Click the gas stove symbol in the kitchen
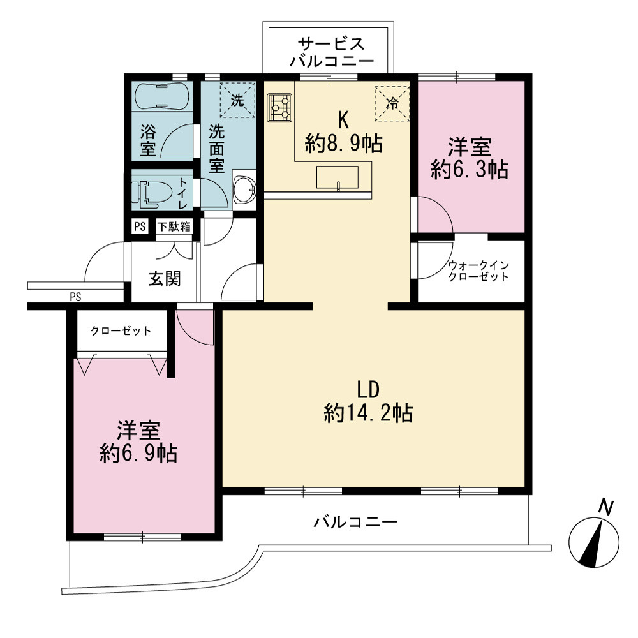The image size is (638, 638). (279, 107)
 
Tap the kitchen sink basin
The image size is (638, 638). (338, 177)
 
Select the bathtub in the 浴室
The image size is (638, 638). (161, 96)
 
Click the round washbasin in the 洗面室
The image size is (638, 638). (244, 189)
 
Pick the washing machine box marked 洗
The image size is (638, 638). (237, 100)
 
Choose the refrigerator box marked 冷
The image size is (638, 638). (392, 103)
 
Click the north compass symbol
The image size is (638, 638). (594, 542)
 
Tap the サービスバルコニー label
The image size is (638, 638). (331, 52)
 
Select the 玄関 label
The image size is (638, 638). (165, 279)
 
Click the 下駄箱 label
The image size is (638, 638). (174, 226)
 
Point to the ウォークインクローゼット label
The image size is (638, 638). (478, 271)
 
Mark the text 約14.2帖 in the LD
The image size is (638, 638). (369, 413)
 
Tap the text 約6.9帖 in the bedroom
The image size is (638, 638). (138, 453)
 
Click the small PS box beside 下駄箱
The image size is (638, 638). (140, 226)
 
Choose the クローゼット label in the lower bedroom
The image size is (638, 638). (121, 330)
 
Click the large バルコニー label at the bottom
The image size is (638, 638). (355, 522)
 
